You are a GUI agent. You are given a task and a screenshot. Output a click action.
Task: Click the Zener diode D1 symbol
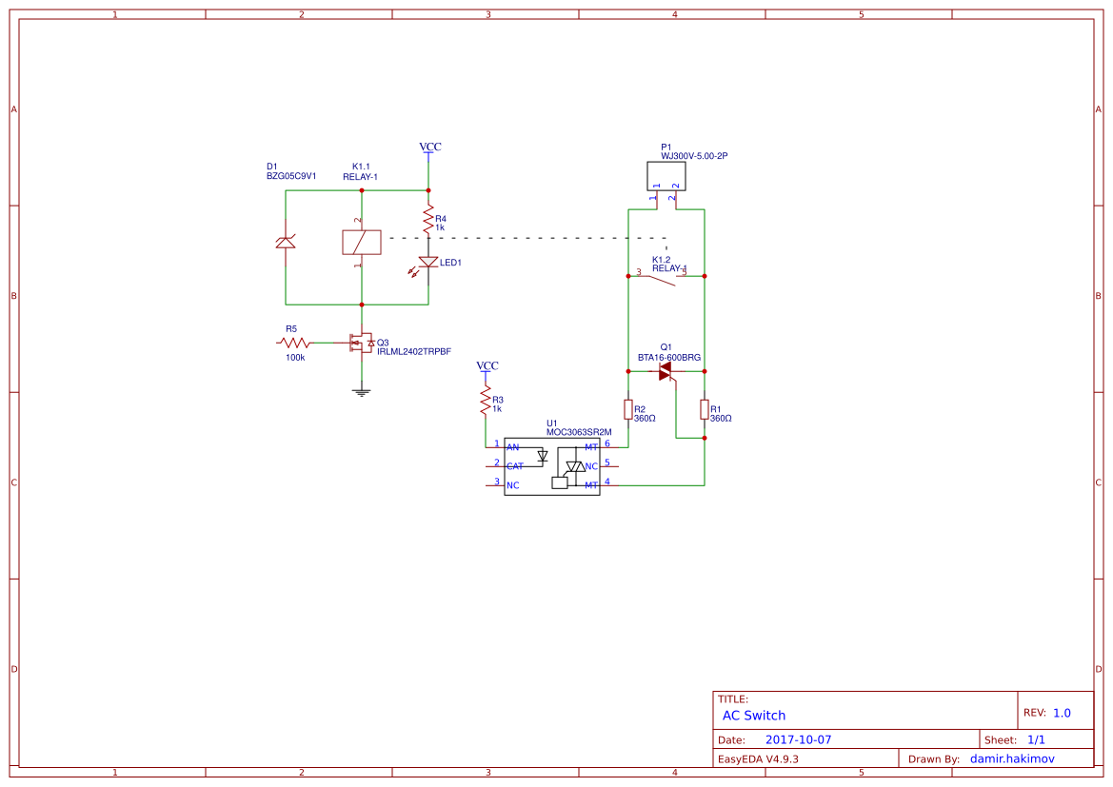(x=285, y=242)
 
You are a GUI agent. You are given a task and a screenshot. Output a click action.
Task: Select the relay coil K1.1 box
(x=361, y=243)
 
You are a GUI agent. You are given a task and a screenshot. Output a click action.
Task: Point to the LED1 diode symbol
(x=428, y=263)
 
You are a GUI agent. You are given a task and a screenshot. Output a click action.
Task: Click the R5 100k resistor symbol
(x=294, y=343)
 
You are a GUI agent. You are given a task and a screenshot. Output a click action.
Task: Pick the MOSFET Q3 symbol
(x=361, y=343)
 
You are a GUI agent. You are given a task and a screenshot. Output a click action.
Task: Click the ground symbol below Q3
(x=361, y=390)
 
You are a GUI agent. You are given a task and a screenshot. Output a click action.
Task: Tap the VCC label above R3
(x=487, y=366)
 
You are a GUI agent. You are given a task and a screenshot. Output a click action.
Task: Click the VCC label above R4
(x=430, y=148)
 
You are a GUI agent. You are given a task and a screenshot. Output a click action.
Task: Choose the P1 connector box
(x=666, y=176)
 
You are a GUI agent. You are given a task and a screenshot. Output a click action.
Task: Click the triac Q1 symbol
(x=666, y=371)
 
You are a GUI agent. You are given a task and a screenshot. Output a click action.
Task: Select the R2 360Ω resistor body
(x=627, y=409)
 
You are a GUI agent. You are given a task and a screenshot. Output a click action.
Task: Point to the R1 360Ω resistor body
(x=704, y=409)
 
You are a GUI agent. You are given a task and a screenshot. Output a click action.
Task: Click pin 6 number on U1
(x=606, y=443)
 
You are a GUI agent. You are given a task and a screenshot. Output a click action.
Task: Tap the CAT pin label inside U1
(x=514, y=466)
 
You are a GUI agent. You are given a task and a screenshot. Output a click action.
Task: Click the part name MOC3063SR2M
(x=578, y=432)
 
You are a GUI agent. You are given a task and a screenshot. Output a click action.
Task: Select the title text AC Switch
(x=753, y=716)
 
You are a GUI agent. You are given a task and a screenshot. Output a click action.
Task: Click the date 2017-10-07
(x=798, y=739)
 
